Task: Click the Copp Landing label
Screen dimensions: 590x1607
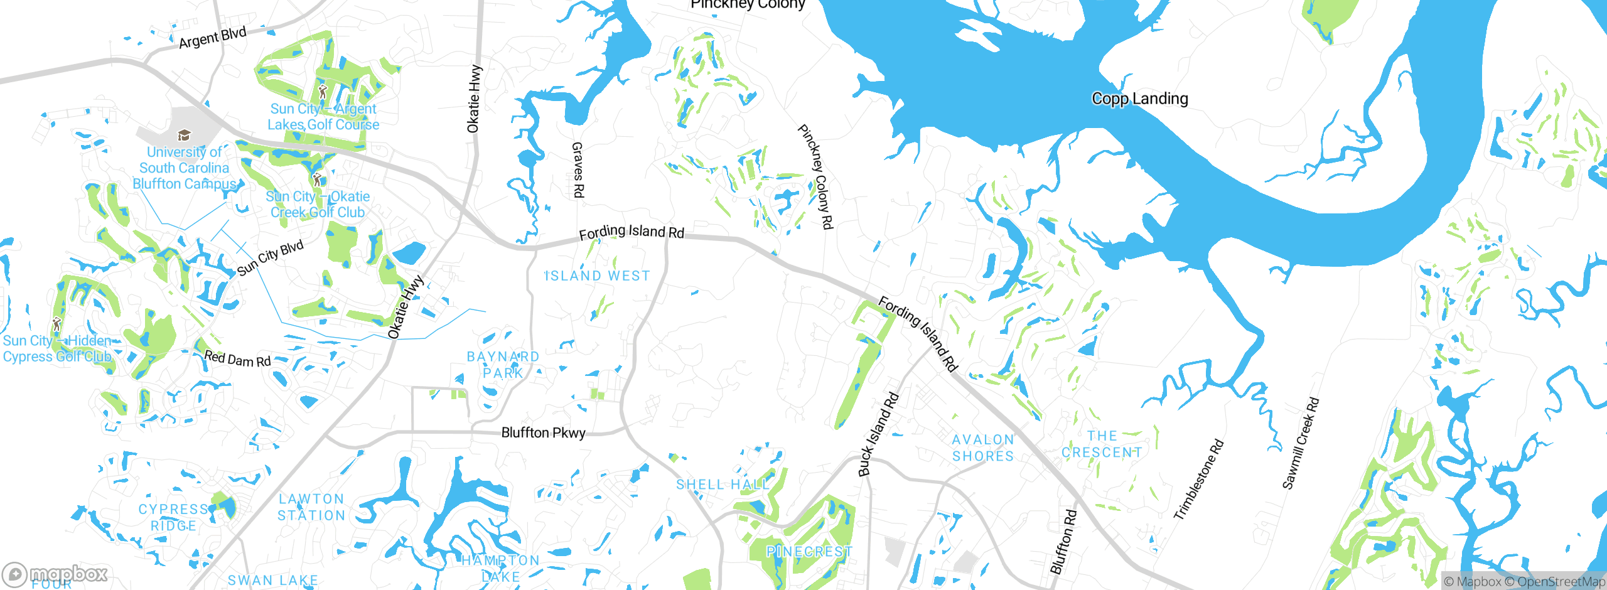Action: [1139, 99]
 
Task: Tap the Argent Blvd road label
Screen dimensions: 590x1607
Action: [212, 38]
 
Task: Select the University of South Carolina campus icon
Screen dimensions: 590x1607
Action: [184, 135]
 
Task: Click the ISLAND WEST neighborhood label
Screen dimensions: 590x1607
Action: [598, 276]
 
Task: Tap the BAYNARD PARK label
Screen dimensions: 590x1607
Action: [503, 365]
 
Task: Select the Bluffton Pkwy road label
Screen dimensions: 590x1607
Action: [543, 432]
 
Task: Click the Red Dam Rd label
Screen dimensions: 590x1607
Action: [237, 358]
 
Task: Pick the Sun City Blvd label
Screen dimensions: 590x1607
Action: [270, 257]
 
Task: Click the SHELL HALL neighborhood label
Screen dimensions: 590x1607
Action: [723, 485]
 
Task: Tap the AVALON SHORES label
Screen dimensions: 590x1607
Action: [983, 448]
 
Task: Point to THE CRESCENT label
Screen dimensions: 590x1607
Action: [1102, 444]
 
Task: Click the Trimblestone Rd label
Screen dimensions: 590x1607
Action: [1198, 480]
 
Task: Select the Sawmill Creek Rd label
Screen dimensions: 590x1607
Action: [1301, 443]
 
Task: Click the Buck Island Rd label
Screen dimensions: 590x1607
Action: [878, 434]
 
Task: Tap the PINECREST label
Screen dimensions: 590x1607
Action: [809, 552]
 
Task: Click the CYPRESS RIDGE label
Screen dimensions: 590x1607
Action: [173, 517]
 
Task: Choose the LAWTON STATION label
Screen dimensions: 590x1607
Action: [311, 507]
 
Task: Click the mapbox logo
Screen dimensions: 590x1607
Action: [55, 574]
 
